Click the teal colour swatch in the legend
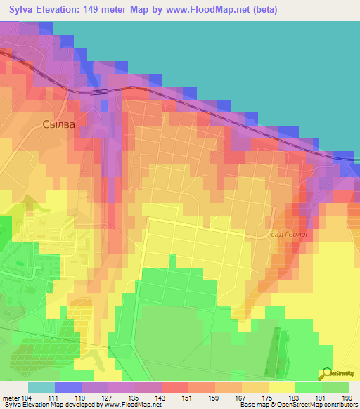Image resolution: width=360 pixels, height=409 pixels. tap(41, 387)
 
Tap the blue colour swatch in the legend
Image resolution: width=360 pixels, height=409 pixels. tap(68, 387)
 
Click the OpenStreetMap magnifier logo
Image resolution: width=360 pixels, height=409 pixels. tap(326, 375)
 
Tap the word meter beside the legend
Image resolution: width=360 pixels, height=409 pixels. tap(11, 398)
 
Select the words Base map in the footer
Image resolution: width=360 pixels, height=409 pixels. tap(252, 405)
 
